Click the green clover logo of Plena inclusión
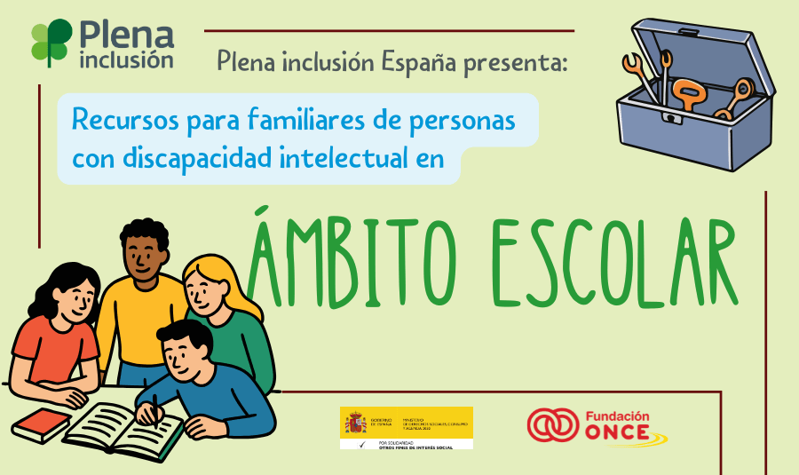51,41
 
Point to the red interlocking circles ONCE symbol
552,425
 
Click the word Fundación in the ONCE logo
618,416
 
